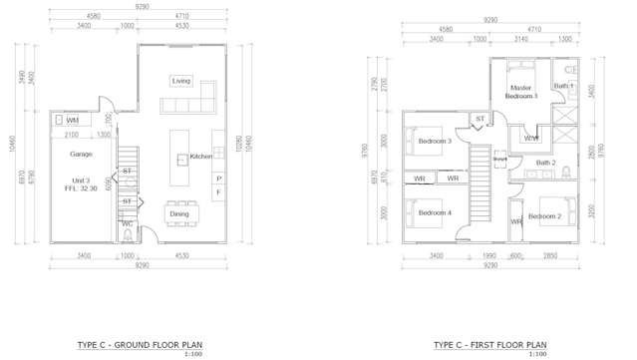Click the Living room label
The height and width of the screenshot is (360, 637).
click(180, 81)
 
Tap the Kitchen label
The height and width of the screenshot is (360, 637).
click(201, 157)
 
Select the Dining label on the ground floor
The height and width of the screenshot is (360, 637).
click(179, 213)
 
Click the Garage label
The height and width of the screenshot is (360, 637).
click(82, 155)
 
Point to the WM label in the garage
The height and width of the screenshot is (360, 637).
click(73, 120)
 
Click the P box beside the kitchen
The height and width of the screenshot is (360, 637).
click(218, 179)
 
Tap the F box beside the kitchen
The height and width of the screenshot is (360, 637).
click(218, 192)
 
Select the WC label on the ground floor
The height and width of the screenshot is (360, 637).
click(128, 224)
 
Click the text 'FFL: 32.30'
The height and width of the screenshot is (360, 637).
click(82, 187)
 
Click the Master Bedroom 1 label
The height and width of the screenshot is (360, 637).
click(520, 92)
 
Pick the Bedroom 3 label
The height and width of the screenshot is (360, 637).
click(435, 142)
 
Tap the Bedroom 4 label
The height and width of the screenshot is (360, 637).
click(434, 213)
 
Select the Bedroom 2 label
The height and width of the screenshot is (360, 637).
click(545, 216)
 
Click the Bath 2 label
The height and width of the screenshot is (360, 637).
click(545, 162)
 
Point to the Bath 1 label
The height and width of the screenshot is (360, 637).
click(564, 87)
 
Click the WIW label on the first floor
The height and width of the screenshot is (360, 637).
click(530, 138)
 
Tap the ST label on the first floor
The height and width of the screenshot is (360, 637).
click(479, 119)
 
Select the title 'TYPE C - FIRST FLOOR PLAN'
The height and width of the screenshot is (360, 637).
click(489, 344)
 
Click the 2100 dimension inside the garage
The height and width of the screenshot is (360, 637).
click(73, 135)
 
